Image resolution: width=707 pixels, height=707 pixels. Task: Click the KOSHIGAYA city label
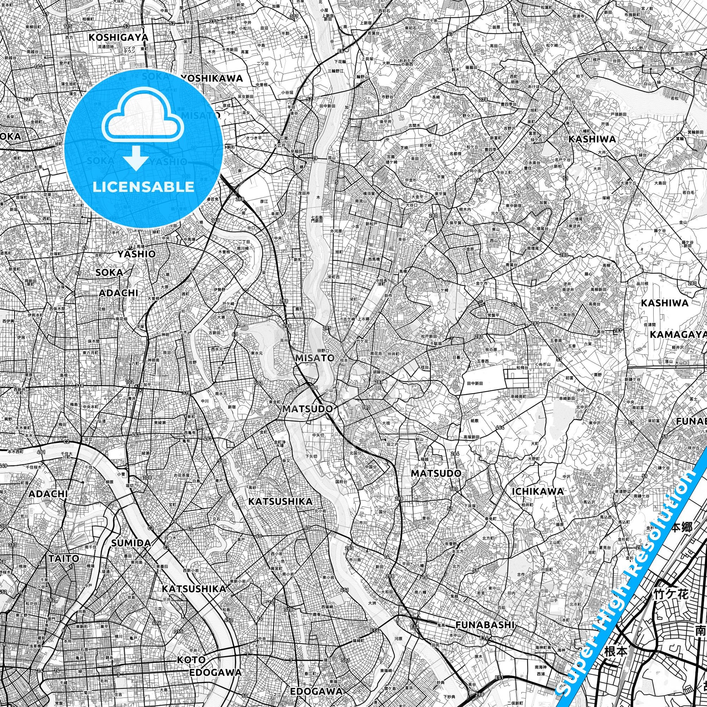point(118,37)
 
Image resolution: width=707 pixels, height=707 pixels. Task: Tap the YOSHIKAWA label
point(211,78)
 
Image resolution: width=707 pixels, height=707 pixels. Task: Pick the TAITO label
point(63,558)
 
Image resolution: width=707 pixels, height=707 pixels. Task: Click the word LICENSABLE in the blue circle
point(143,187)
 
